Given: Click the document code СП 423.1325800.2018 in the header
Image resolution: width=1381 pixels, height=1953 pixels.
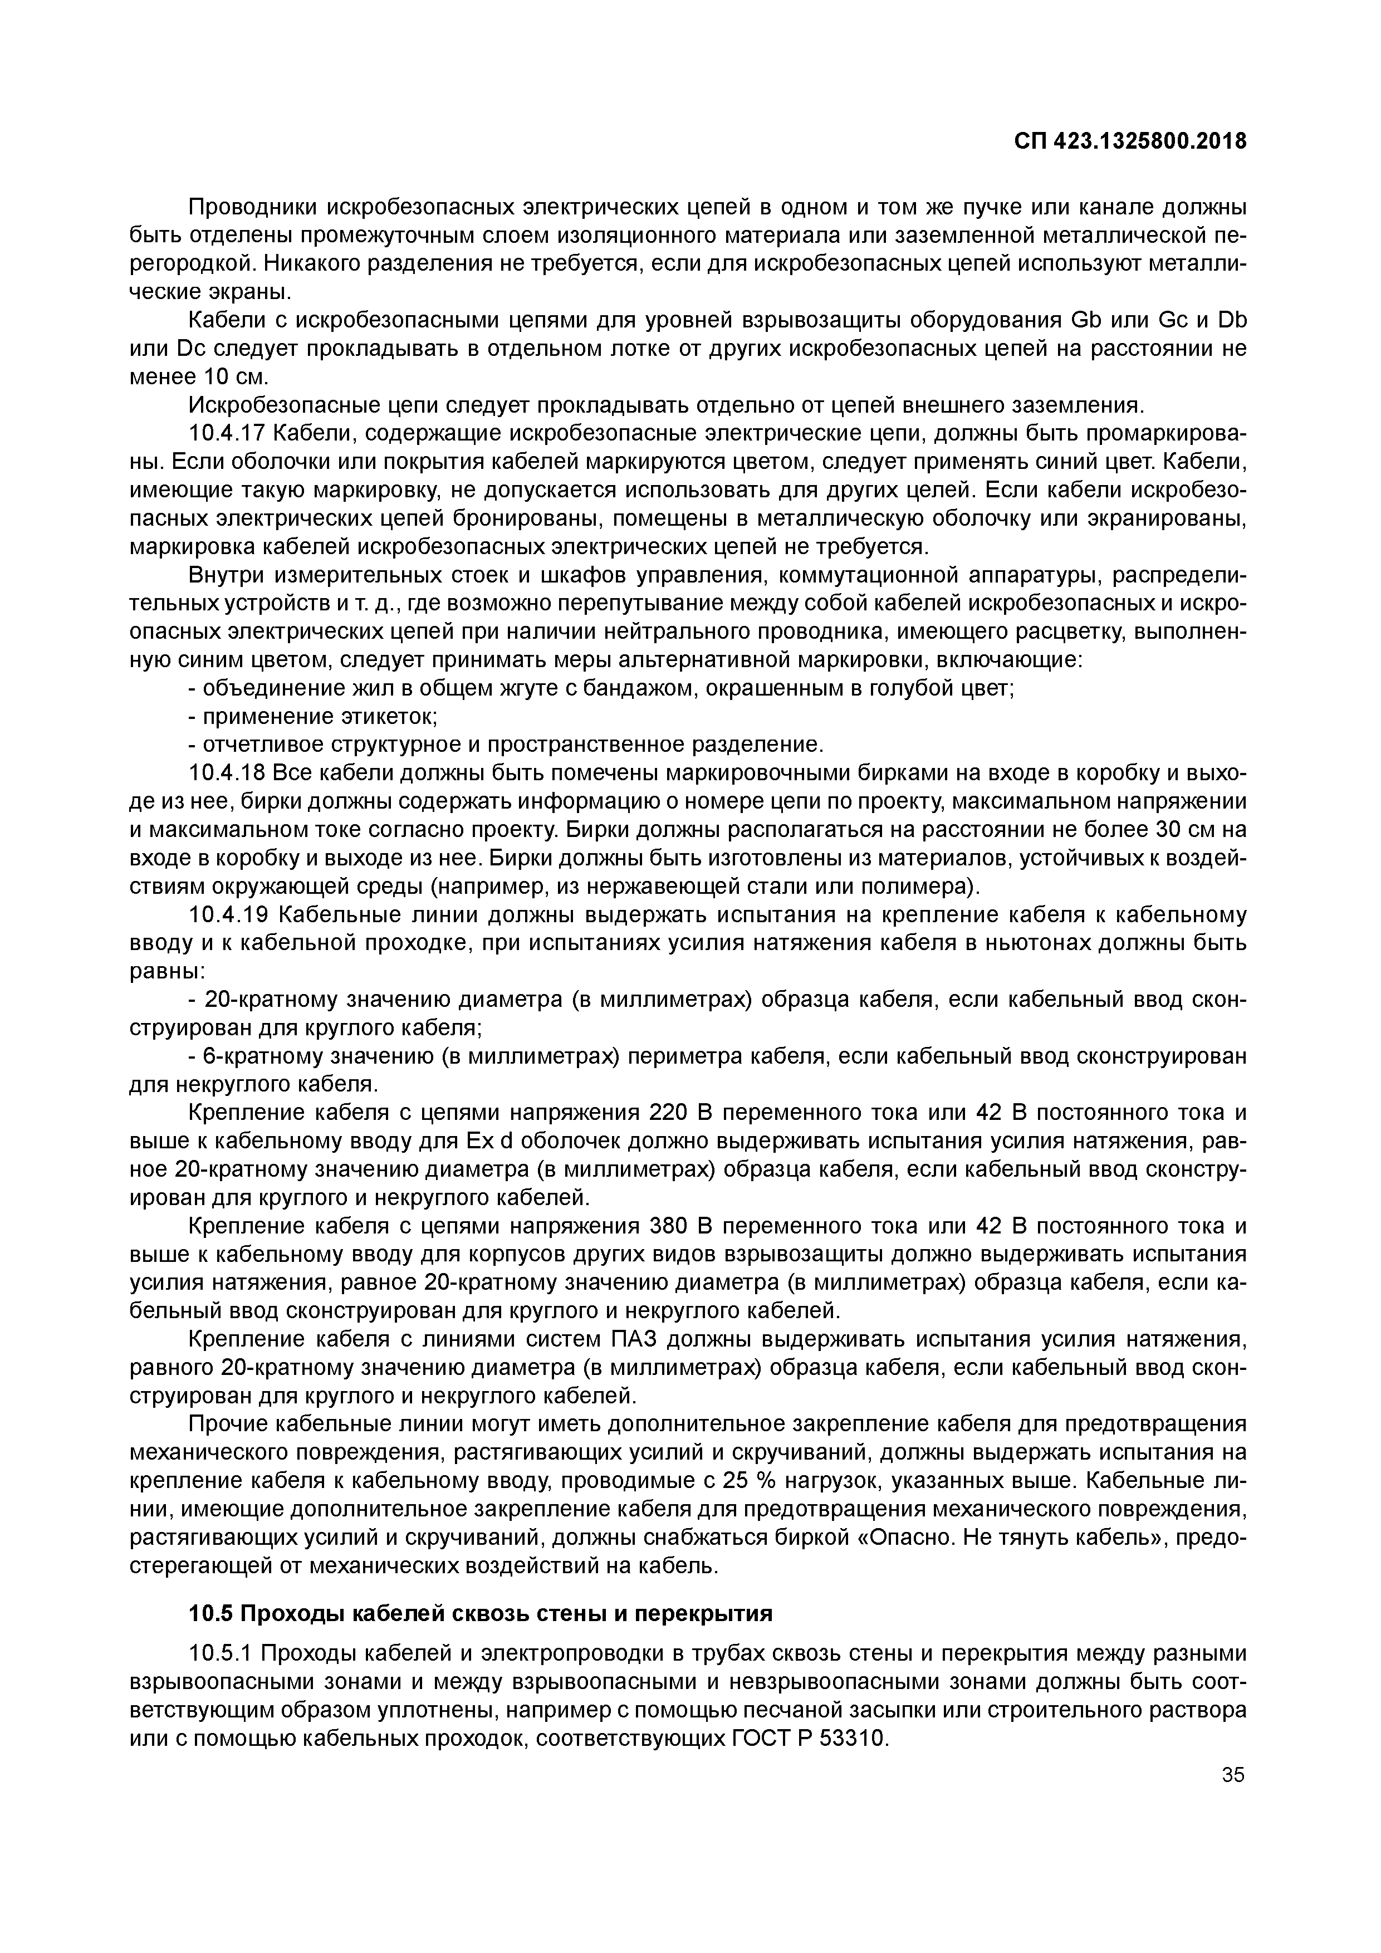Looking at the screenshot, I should [1129, 141].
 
